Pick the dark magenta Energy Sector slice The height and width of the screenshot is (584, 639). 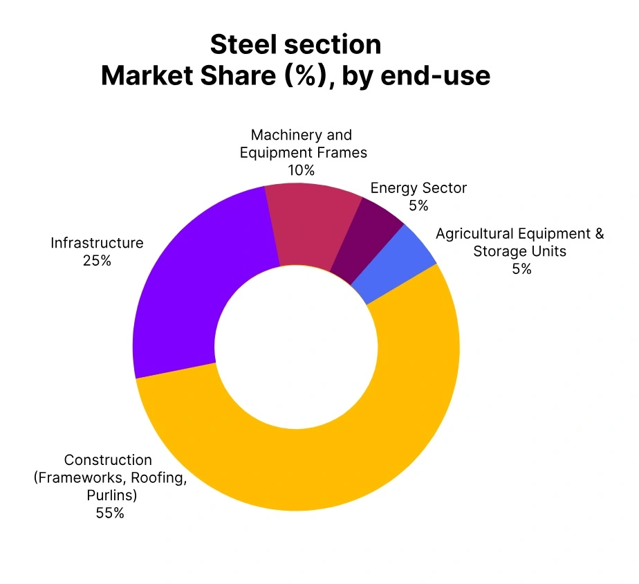coord(367,239)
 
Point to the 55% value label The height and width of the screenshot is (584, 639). coord(110,513)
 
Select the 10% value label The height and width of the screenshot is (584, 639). coord(301,170)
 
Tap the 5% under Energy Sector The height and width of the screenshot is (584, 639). coord(418,206)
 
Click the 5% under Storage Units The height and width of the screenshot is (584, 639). coord(521,269)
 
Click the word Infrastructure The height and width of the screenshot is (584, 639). coord(97,243)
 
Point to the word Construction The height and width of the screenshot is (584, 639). coord(107,460)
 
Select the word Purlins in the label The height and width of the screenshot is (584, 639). coord(110,495)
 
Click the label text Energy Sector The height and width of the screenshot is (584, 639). coord(418,188)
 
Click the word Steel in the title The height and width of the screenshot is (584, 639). coord(239,44)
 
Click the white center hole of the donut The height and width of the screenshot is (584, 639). coord(296,346)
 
